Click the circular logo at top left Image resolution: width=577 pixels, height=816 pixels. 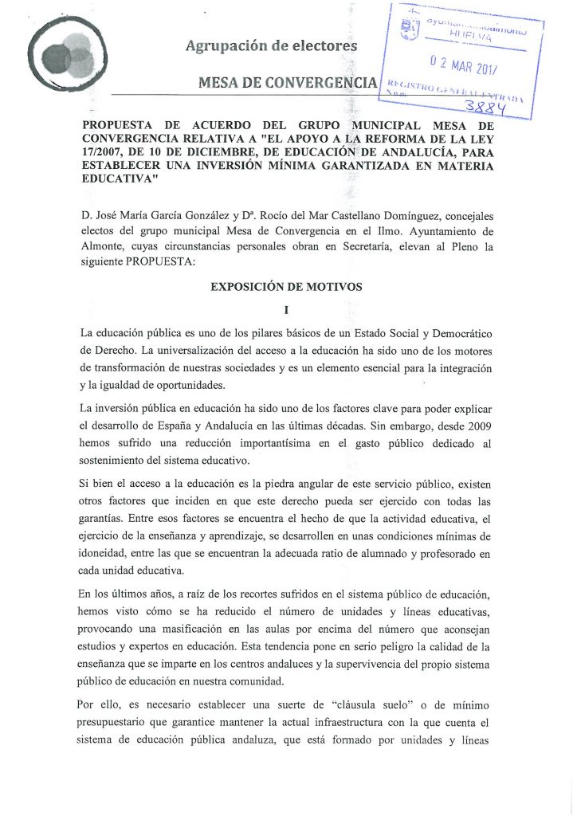68,57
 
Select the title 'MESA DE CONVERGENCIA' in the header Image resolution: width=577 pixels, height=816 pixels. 288,82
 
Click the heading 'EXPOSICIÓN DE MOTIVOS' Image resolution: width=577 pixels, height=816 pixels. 286,287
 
